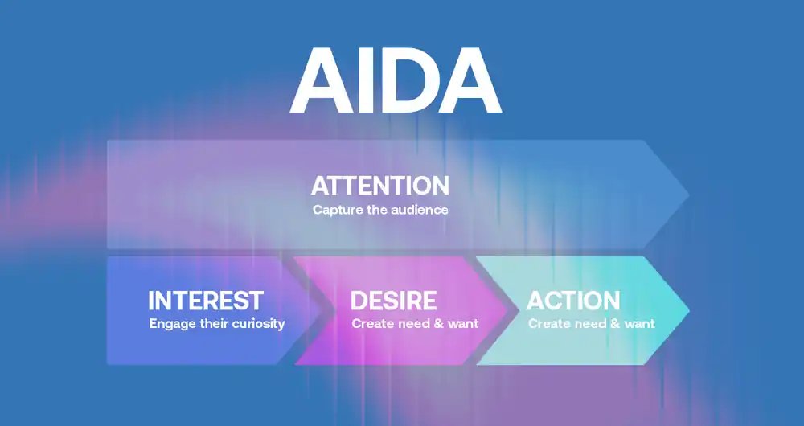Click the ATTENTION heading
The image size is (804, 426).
tap(379, 186)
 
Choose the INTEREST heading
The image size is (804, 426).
tap(206, 301)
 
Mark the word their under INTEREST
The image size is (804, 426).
tap(211, 324)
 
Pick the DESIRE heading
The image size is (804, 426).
tap(393, 301)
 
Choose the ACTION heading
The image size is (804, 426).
tap(573, 301)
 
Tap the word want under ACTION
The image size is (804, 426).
tap(638, 324)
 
